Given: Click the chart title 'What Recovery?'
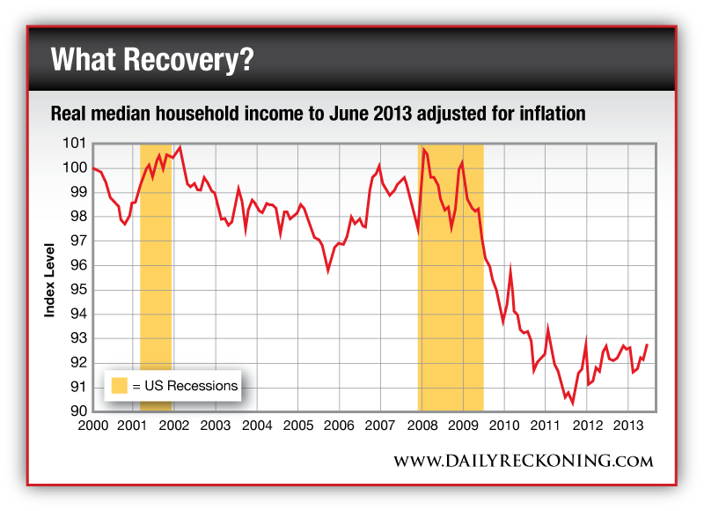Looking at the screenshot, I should [152, 61].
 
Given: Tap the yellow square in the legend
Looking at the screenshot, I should [119, 385].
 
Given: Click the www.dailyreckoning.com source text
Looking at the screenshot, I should [523, 461].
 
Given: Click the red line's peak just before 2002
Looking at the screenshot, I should [180, 147].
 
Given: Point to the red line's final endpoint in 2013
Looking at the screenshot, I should [647, 344].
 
